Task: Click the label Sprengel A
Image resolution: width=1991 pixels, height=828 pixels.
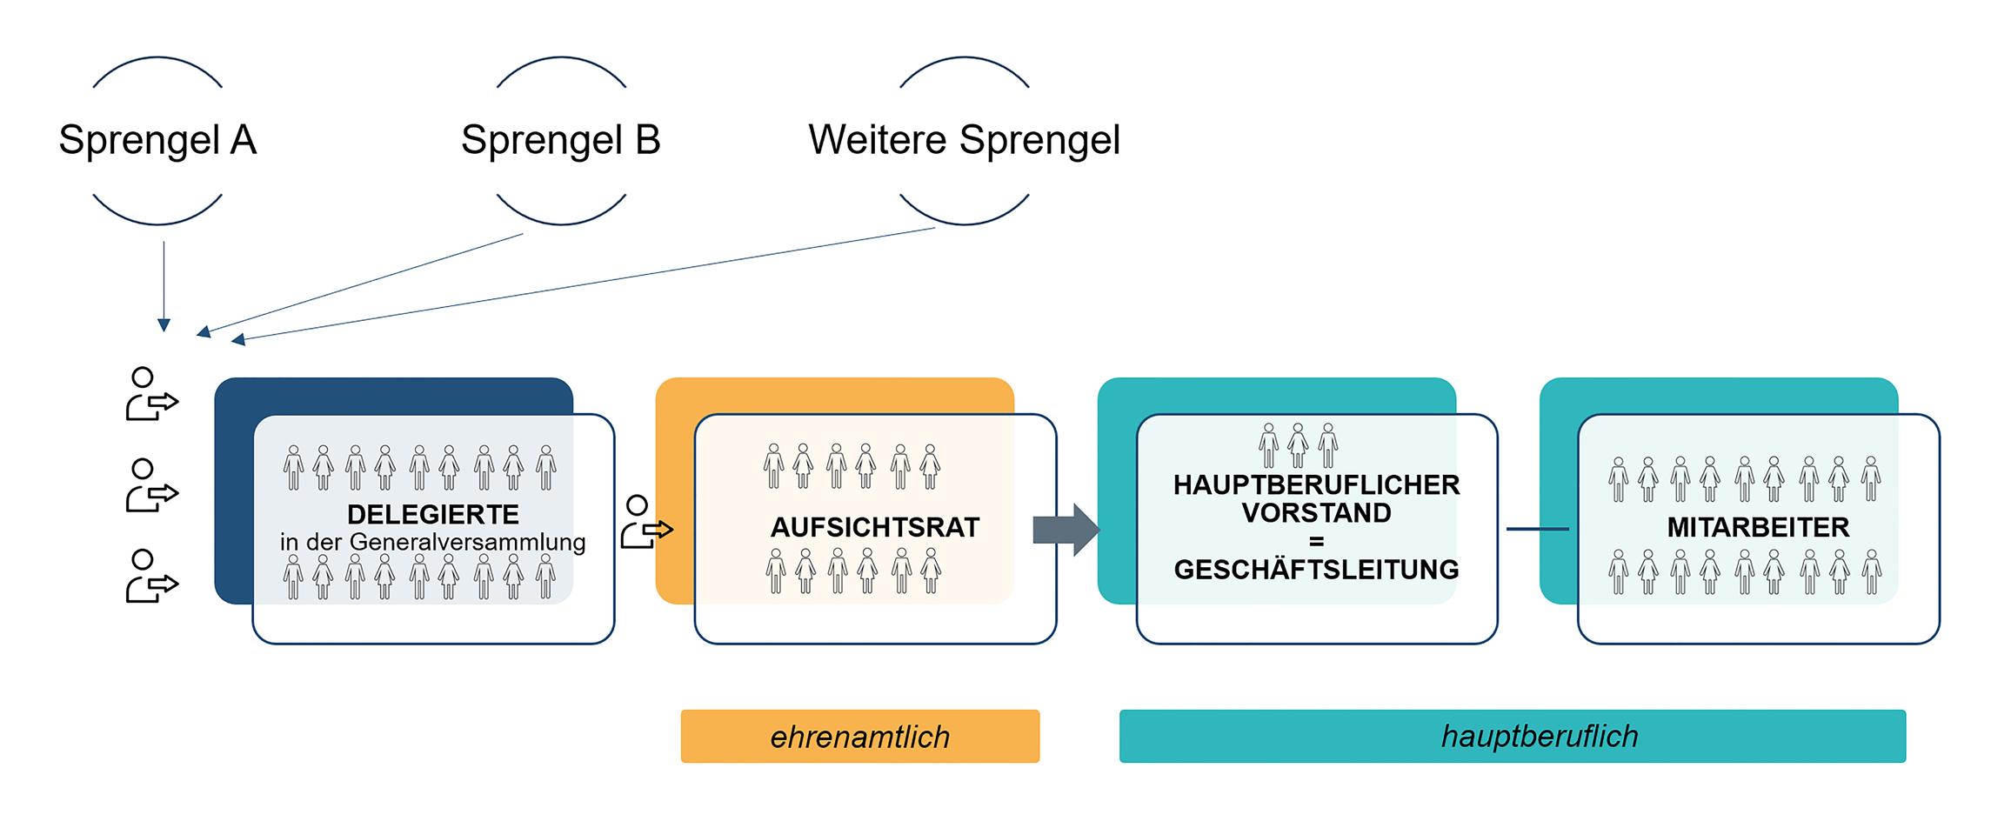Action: coord(157,140)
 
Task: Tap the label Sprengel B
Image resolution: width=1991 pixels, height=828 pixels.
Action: coord(560,140)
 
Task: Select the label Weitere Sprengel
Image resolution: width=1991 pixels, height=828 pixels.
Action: coord(964,140)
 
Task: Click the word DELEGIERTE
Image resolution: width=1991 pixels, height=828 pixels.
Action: coord(432,514)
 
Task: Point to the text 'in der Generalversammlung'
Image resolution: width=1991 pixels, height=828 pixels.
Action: coord(432,542)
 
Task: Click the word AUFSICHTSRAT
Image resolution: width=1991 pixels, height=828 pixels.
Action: coord(874,527)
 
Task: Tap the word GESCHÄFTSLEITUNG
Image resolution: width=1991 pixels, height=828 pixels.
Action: coord(1316,569)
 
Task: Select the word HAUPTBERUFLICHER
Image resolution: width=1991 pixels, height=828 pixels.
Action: coord(1316,484)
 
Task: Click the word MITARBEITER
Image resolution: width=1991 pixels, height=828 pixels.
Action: coord(1758,527)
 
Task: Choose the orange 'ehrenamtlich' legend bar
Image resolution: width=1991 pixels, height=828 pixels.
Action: coord(859,737)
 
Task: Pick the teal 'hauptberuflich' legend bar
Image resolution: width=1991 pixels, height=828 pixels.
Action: coord(1512,737)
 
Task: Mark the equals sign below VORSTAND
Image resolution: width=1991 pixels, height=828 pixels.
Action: coord(1316,541)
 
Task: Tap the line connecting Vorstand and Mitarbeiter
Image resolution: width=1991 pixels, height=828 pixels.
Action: coord(1537,529)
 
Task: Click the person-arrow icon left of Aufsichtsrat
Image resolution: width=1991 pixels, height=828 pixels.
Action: coord(645,522)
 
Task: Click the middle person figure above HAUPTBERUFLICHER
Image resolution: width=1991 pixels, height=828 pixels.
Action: coord(1298,445)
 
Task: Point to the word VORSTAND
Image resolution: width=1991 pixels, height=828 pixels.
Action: coord(1316,512)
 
